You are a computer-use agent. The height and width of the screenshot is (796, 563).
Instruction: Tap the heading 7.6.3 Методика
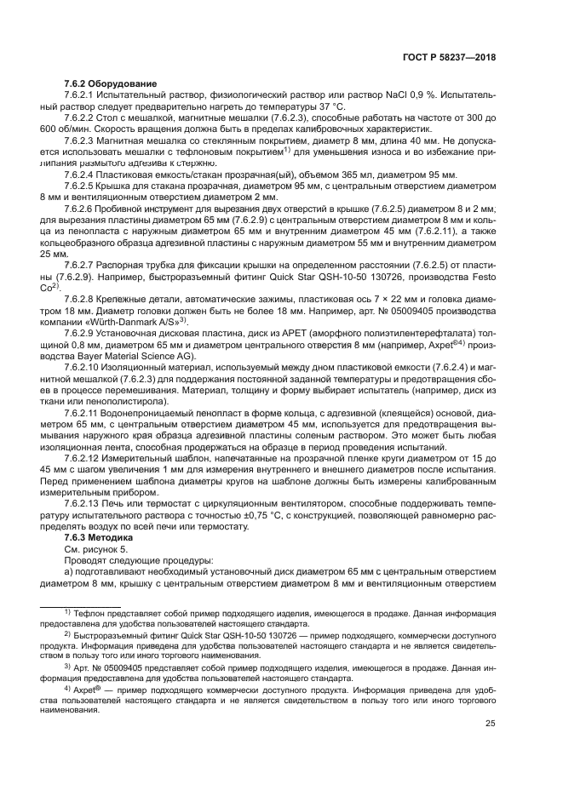tap(99, 538)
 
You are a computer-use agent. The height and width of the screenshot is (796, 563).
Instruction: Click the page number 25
tap(490, 724)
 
